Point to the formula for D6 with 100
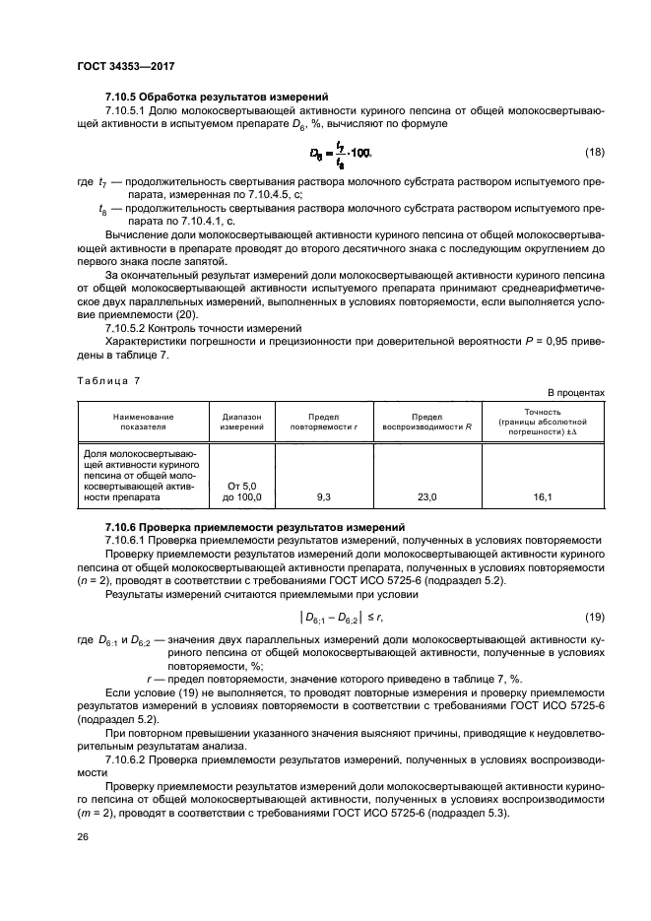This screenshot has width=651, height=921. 340,153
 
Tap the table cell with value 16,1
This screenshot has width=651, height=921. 543,498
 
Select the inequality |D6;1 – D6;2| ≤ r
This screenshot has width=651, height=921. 340,617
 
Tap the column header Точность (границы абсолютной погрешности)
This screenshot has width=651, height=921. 543,422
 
